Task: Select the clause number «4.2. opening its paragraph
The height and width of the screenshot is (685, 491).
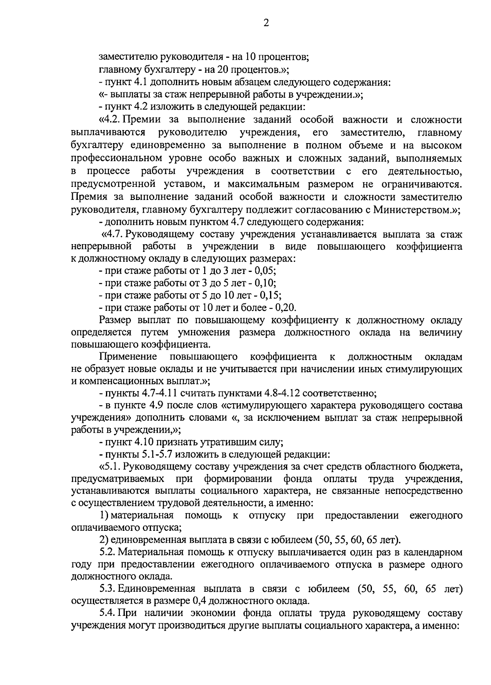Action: (110, 121)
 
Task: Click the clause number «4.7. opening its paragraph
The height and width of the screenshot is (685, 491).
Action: (112, 235)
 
